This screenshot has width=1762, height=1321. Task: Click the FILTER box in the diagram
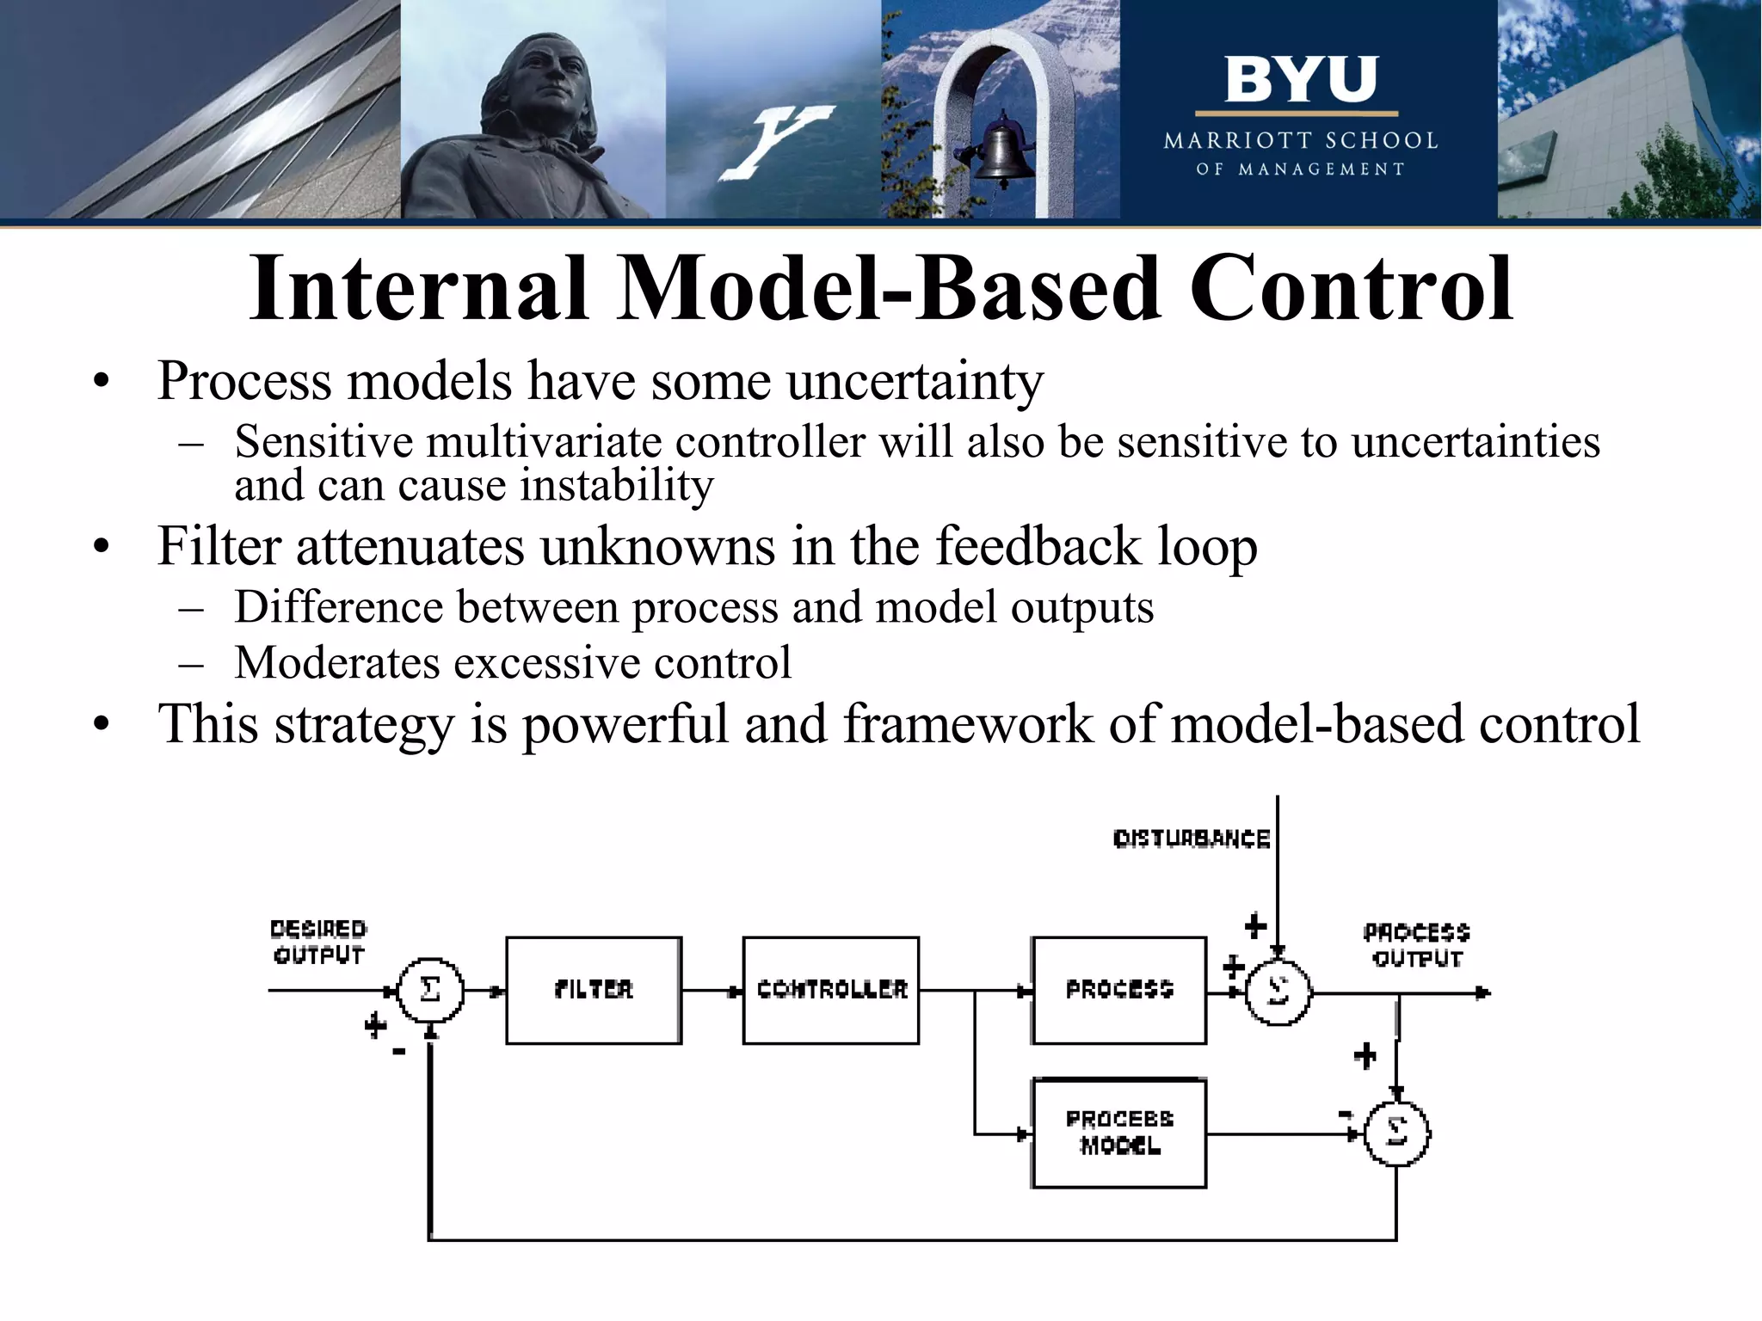click(594, 990)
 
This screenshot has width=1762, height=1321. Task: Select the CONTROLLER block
click(831, 990)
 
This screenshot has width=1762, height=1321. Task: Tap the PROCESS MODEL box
click(1118, 1133)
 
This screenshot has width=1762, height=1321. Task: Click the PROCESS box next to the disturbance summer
click(1118, 990)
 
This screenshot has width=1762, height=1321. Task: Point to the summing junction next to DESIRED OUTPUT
click(430, 990)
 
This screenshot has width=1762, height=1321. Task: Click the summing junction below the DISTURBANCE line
click(1278, 992)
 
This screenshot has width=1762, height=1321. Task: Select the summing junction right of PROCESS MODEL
click(1396, 1134)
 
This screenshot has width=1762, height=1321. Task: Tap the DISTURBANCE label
click(1191, 839)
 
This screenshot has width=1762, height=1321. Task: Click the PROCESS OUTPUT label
click(1416, 945)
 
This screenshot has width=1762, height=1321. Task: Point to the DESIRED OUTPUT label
click(318, 942)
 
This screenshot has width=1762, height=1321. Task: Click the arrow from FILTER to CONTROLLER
click(712, 991)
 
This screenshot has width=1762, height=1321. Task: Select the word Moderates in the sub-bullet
click(336, 663)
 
